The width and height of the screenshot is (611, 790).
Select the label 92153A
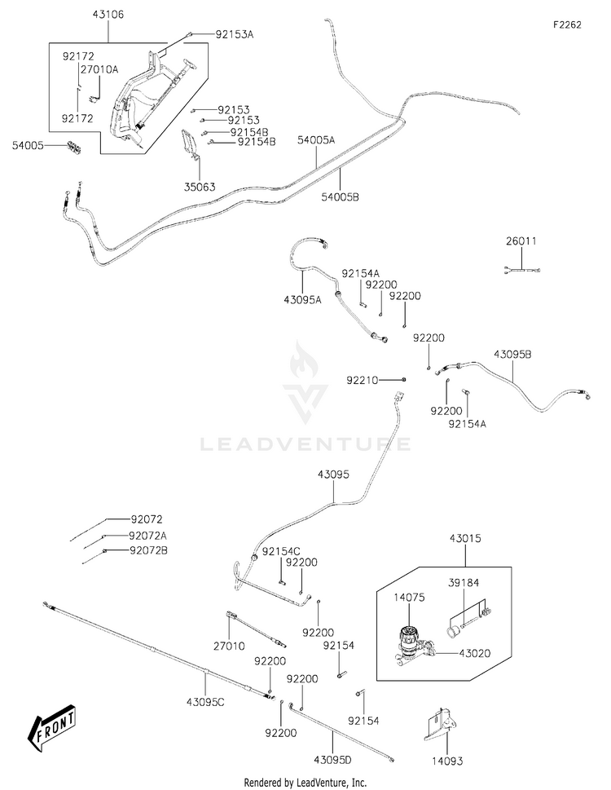click(x=234, y=35)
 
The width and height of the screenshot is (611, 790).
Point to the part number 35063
click(x=199, y=187)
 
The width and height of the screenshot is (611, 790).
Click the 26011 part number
click(x=521, y=241)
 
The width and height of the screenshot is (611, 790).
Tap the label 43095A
click(x=302, y=299)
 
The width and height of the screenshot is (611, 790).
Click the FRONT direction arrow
click(x=53, y=727)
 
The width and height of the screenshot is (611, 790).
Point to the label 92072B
click(x=148, y=550)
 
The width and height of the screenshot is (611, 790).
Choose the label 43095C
click(x=206, y=701)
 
